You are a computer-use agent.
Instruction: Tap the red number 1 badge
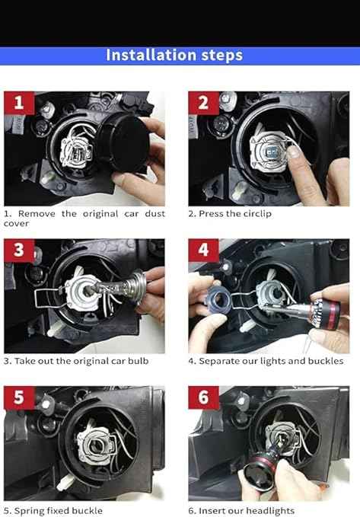tap(19, 104)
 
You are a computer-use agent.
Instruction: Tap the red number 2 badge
tap(203, 104)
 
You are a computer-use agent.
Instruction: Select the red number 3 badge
tap(19, 251)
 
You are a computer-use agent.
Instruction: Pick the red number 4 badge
tap(203, 251)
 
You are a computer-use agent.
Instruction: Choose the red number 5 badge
tap(19, 397)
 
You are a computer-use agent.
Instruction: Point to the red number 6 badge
tap(203, 397)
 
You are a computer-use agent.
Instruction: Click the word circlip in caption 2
tap(258, 214)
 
